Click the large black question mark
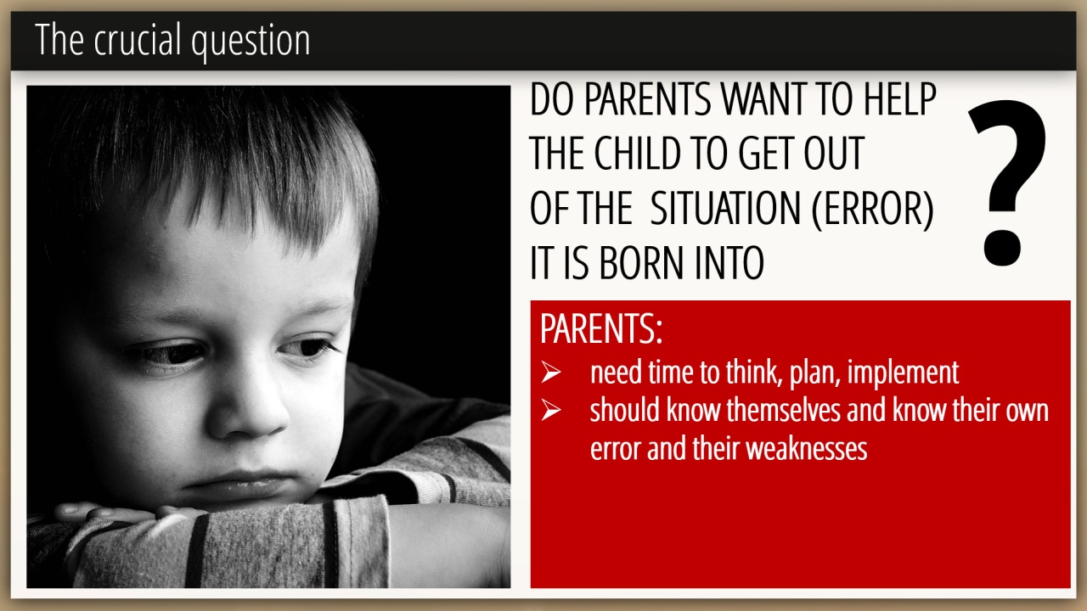(1007, 182)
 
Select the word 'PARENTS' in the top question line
(647, 99)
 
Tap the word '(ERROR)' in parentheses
(872, 208)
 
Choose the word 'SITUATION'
(725, 208)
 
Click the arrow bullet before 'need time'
(551, 372)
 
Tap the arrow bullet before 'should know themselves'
(551, 410)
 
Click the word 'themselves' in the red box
(783, 410)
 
